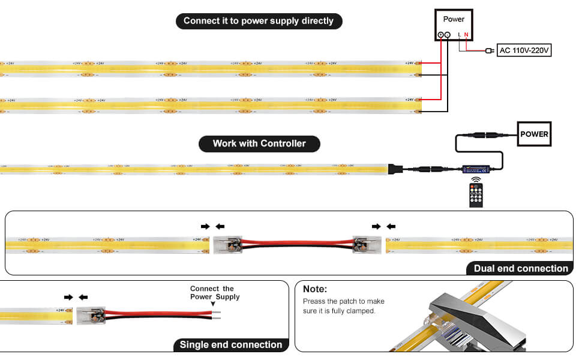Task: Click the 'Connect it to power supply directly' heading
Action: point(259,21)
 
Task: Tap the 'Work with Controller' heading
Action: point(259,143)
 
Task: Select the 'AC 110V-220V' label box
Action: point(524,50)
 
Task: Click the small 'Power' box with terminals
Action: point(454,25)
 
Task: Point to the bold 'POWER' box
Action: point(534,134)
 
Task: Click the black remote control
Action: point(476,196)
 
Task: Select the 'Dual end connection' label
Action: point(520,268)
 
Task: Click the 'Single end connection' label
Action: point(231,344)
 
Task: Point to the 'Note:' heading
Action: point(315,289)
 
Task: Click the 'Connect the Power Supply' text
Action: point(215,293)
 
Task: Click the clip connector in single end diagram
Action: point(90,315)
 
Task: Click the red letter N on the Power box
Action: point(466,35)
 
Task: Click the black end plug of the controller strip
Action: point(396,169)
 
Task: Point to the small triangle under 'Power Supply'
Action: point(212,304)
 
